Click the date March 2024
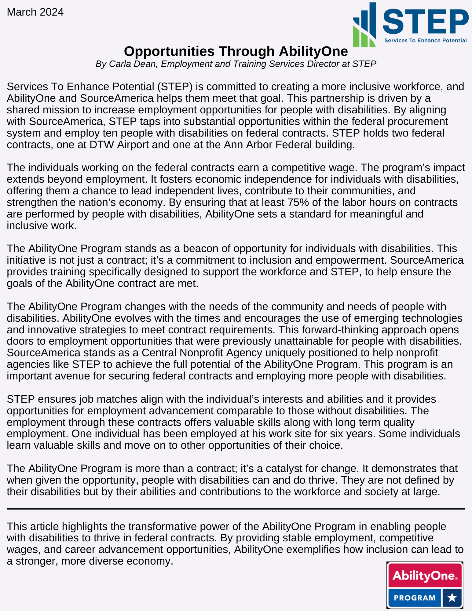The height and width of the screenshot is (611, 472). coord(35,12)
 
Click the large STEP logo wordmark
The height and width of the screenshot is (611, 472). coord(425,21)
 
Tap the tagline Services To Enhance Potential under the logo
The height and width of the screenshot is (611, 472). coord(425,40)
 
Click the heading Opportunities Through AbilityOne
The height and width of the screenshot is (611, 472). coord(236,51)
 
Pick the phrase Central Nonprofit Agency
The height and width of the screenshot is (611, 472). coord(202,353)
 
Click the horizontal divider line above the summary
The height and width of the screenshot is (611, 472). coord(236,509)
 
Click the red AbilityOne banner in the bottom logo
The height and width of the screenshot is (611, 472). coord(425,576)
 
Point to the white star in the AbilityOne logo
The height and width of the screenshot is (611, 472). coord(452,598)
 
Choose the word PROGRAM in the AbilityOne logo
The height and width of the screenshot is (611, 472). coord(415,598)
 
